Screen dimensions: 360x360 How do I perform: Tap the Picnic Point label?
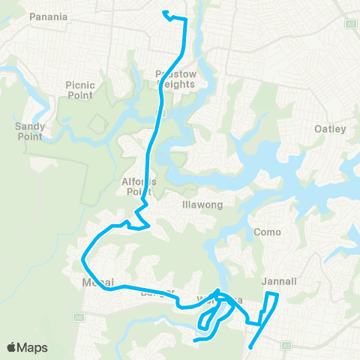79,90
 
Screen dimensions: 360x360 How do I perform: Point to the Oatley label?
330,129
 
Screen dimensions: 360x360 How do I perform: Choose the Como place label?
268,232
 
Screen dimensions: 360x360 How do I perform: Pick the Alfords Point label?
137,186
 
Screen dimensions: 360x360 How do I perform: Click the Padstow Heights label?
175,79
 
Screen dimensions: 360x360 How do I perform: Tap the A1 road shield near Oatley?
349,23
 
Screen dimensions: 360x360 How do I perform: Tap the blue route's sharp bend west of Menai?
82,260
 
